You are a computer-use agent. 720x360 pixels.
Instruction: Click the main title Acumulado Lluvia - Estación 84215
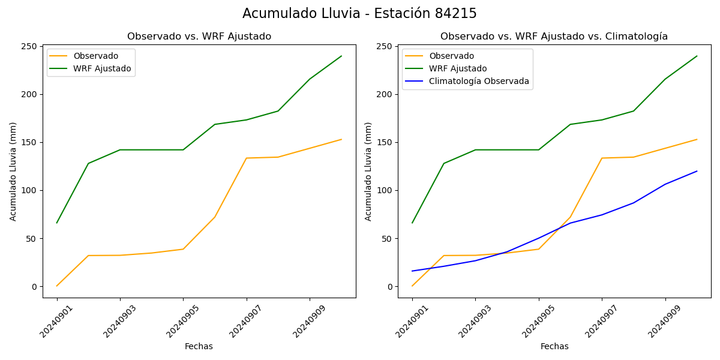click(x=359, y=14)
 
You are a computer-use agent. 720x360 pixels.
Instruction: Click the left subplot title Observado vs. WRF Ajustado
click(x=199, y=37)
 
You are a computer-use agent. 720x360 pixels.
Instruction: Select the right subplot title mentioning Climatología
click(x=554, y=37)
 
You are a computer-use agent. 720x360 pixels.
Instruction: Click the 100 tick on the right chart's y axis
click(x=385, y=191)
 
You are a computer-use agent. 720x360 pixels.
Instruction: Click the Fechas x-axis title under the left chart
click(x=199, y=347)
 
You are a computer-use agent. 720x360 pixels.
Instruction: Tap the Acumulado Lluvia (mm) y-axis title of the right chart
click(x=368, y=171)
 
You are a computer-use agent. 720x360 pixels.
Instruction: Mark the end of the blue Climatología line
click(x=697, y=171)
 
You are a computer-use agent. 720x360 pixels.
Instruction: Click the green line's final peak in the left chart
click(x=341, y=56)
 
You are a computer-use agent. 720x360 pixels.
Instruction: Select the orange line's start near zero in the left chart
click(x=57, y=286)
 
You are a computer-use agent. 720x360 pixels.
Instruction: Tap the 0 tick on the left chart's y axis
click(x=35, y=287)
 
